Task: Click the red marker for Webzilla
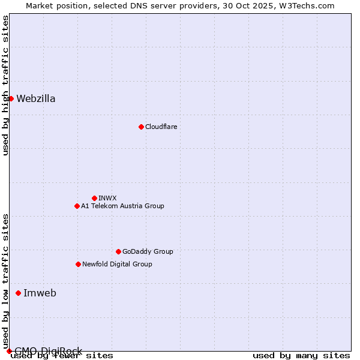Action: [11, 98]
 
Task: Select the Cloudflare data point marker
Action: [141, 127]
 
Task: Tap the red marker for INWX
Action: [94, 198]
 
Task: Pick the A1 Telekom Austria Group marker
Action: [77, 206]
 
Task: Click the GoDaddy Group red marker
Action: [118, 251]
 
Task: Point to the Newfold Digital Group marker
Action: [78, 264]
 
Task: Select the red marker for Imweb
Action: [18, 293]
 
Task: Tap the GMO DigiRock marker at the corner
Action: [9, 351]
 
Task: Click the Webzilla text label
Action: [36, 99]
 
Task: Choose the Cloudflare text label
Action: [161, 127]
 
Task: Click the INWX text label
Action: [107, 198]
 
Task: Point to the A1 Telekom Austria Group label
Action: [122, 206]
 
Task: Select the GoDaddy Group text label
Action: [148, 251]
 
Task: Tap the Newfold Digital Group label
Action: [117, 264]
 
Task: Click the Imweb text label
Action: [40, 293]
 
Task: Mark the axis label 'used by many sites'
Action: [301, 356]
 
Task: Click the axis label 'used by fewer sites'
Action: [62, 356]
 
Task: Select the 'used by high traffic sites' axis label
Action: [6, 85]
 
